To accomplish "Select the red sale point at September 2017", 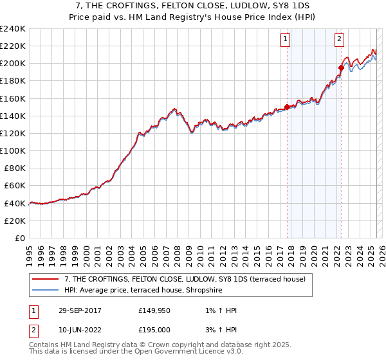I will coord(287,107).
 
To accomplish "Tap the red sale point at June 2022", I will coord(341,67).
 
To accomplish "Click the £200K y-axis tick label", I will coord(13,63).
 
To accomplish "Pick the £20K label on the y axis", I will coord(15,221).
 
